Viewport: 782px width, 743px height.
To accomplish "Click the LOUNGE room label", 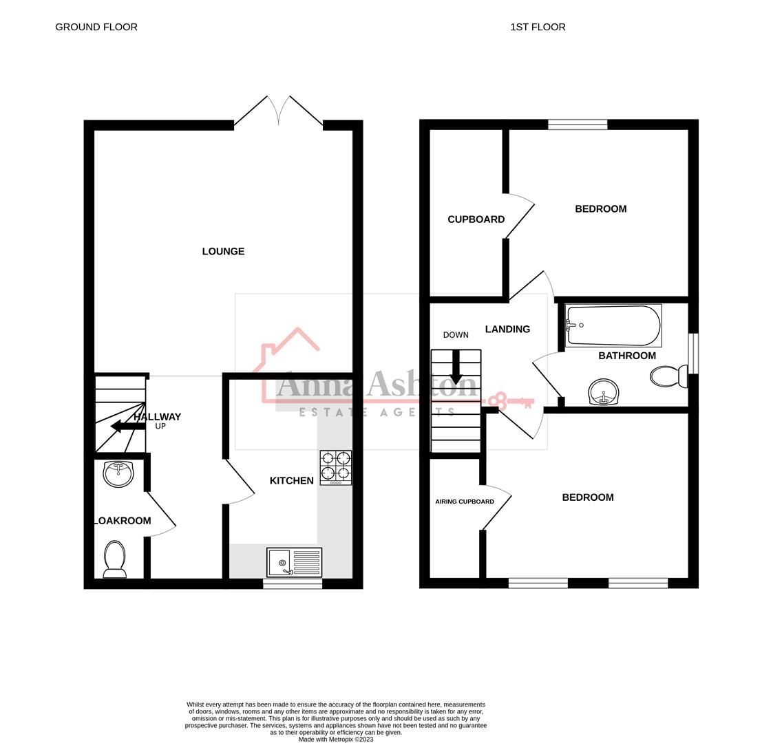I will pyautogui.click(x=223, y=251).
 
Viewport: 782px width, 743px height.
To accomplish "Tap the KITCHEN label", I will pyautogui.click(x=291, y=480).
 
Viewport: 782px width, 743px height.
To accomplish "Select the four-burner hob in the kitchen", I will pyautogui.click(x=335, y=467).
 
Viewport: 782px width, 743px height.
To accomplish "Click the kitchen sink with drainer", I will pyautogui.click(x=294, y=562).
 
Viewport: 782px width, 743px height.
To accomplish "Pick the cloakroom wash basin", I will pyautogui.click(x=118, y=473).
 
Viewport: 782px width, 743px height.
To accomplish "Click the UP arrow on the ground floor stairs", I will pyautogui.click(x=124, y=427).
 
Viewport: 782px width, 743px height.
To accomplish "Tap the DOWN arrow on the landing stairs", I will pyautogui.click(x=456, y=367).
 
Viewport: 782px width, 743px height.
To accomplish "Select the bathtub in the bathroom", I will pyautogui.click(x=613, y=325).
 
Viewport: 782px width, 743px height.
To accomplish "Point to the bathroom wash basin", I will pyautogui.click(x=604, y=393).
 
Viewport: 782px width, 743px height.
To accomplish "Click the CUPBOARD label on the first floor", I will pyautogui.click(x=476, y=219).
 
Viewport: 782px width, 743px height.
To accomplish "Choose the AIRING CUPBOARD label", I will pyautogui.click(x=464, y=502).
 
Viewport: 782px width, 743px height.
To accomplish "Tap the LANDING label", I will pyautogui.click(x=507, y=329).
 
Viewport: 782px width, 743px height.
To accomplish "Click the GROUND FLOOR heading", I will pyautogui.click(x=96, y=27).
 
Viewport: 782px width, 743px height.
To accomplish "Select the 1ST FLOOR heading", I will pyautogui.click(x=538, y=27).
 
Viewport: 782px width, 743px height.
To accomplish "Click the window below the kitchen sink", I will pyautogui.click(x=293, y=584).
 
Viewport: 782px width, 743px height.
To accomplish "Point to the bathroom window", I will pyautogui.click(x=693, y=354).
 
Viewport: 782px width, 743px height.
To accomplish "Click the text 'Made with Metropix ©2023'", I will pyautogui.click(x=336, y=740).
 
